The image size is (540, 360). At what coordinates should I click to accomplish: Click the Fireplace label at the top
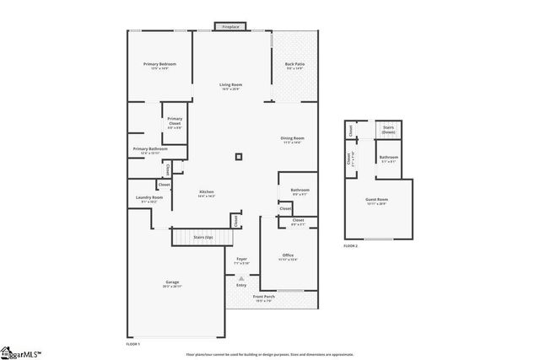[x=230, y=27]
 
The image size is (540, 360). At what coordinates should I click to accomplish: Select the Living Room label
[x=231, y=85]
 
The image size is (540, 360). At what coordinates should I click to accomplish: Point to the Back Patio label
[x=294, y=66]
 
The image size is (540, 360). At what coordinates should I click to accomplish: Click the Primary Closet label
[x=175, y=121]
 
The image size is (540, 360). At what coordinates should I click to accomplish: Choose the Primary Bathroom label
[x=149, y=150]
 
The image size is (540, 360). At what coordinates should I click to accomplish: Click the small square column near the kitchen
[x=239, y=155]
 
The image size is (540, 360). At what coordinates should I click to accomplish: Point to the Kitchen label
[x=207, y=193]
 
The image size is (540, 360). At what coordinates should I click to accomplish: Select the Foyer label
[x=241, y=259]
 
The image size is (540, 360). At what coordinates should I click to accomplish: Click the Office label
[x=288, y=255]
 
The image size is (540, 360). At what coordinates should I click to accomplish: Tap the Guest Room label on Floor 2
[x=376, y=201]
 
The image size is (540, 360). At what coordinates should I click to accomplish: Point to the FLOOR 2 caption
[x=350, y=245]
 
